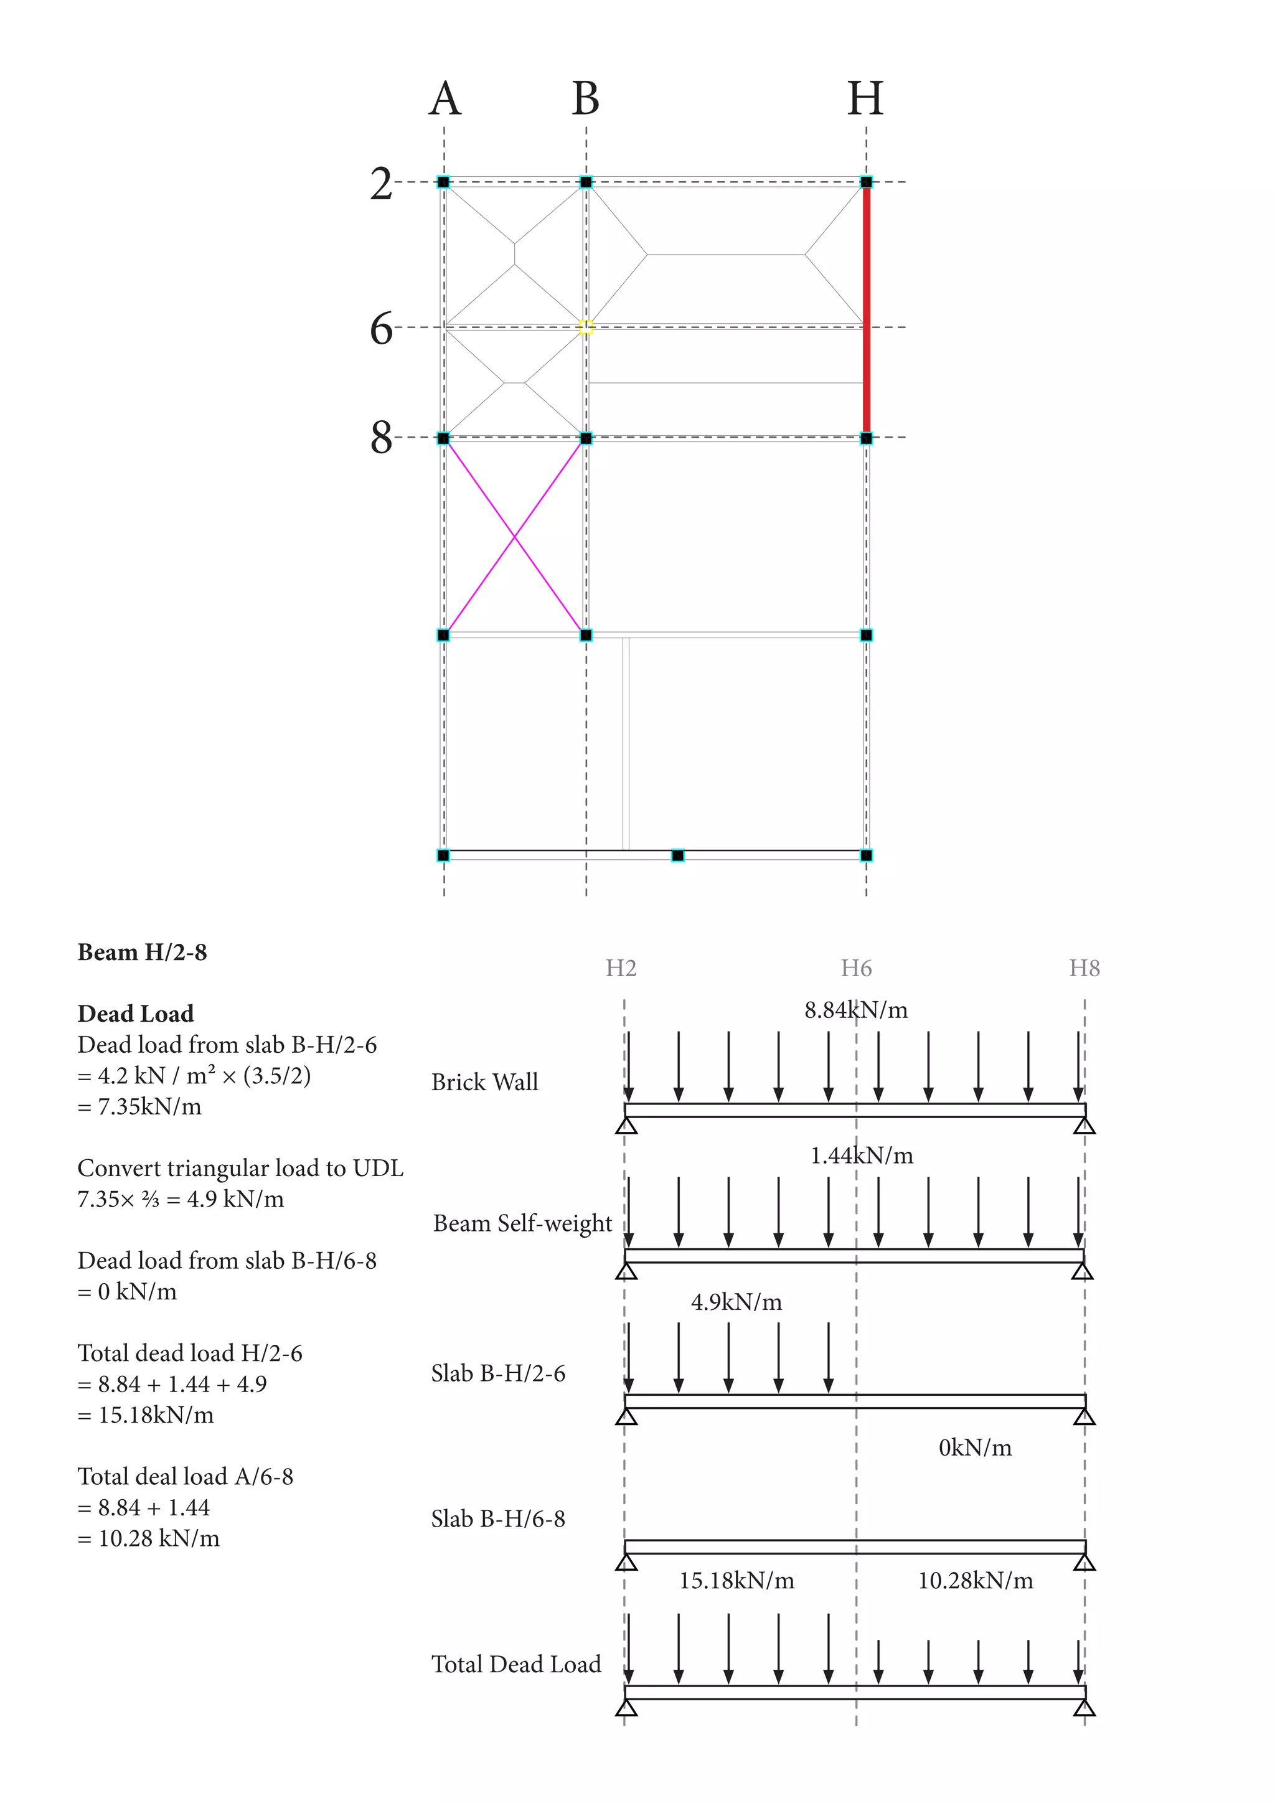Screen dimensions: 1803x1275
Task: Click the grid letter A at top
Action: [445, 99]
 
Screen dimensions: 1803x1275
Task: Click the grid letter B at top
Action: [586, 99]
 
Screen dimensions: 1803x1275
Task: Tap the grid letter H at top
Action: [865, 99]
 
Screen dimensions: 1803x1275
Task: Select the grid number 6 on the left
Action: [382, 328]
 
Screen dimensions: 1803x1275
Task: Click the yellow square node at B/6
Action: [586, 327]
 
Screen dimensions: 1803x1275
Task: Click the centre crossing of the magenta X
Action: [514, 536]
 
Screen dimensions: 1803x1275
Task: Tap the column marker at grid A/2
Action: [444, 182]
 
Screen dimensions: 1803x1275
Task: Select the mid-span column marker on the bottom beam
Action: [677, 855]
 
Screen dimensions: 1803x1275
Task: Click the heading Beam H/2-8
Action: [142, 953]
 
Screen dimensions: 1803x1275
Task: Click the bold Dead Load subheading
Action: [136, 1014]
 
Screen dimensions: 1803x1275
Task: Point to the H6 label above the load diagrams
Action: [856, 968]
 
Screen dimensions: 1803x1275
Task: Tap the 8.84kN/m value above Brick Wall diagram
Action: [856, 1010]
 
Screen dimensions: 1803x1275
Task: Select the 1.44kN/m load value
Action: [861, 1155]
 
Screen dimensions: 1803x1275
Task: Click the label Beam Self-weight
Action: [522, 1223]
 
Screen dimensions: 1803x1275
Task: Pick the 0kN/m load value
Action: [975, 1448]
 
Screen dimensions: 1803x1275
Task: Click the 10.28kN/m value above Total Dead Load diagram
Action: [975, 1581]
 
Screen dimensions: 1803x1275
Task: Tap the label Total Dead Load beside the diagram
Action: [516, 1664]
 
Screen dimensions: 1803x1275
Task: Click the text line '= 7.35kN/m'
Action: [139, 1106]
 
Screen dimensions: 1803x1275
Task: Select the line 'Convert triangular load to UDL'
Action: [240, 1169]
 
